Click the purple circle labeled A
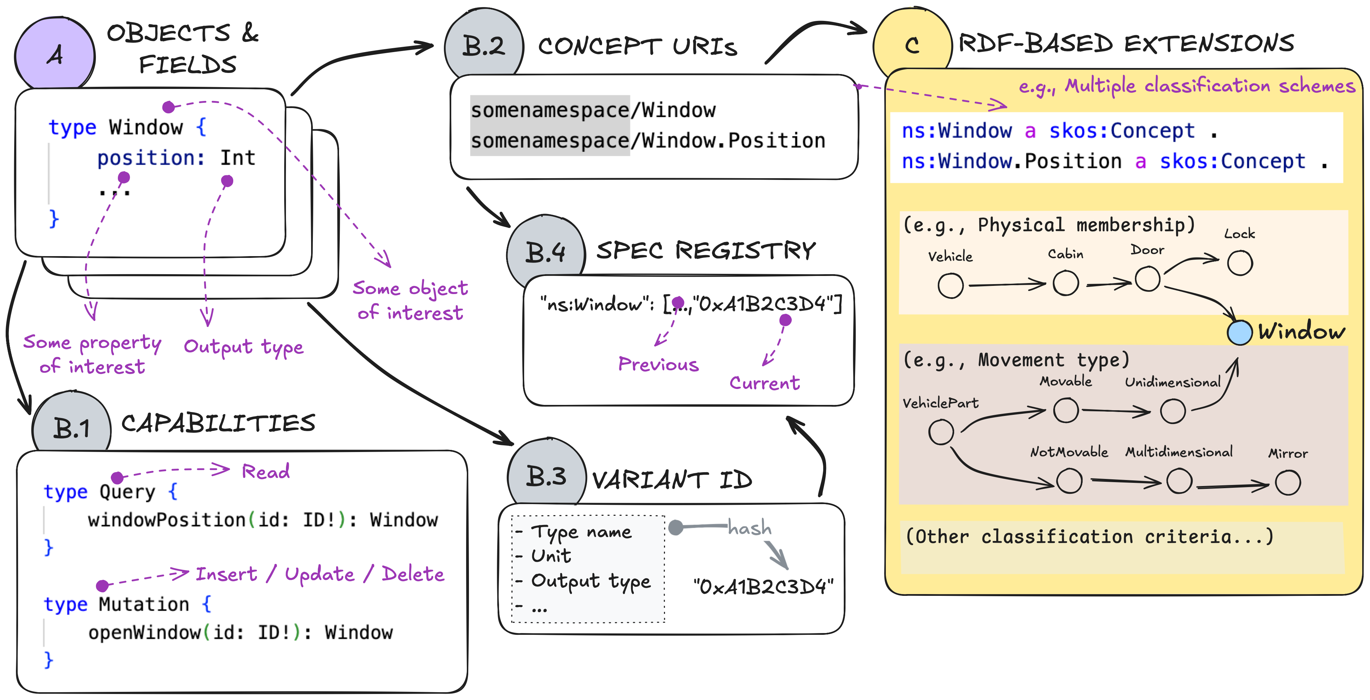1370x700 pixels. click(55, 54)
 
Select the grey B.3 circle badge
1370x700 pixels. click(546, 475)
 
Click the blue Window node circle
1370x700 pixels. click(1239, 333)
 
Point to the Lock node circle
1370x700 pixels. click(1240, 263)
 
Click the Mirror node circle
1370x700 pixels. click(1288, 483)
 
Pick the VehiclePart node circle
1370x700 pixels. click(941, 432)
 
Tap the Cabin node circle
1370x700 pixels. click(1065, 283)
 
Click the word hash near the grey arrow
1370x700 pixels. click(749, 527)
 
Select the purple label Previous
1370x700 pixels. click(658, 365)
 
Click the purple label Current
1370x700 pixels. click(764, 383)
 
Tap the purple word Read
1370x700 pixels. click(265, 472)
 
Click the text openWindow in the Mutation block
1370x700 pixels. click(144, 632)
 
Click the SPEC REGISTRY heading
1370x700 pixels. click(706, 250)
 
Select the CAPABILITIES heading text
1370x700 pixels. click(218, 424)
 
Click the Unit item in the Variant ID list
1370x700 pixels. click(551, 556)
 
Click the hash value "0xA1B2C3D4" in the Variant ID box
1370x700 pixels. click(763, 587)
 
